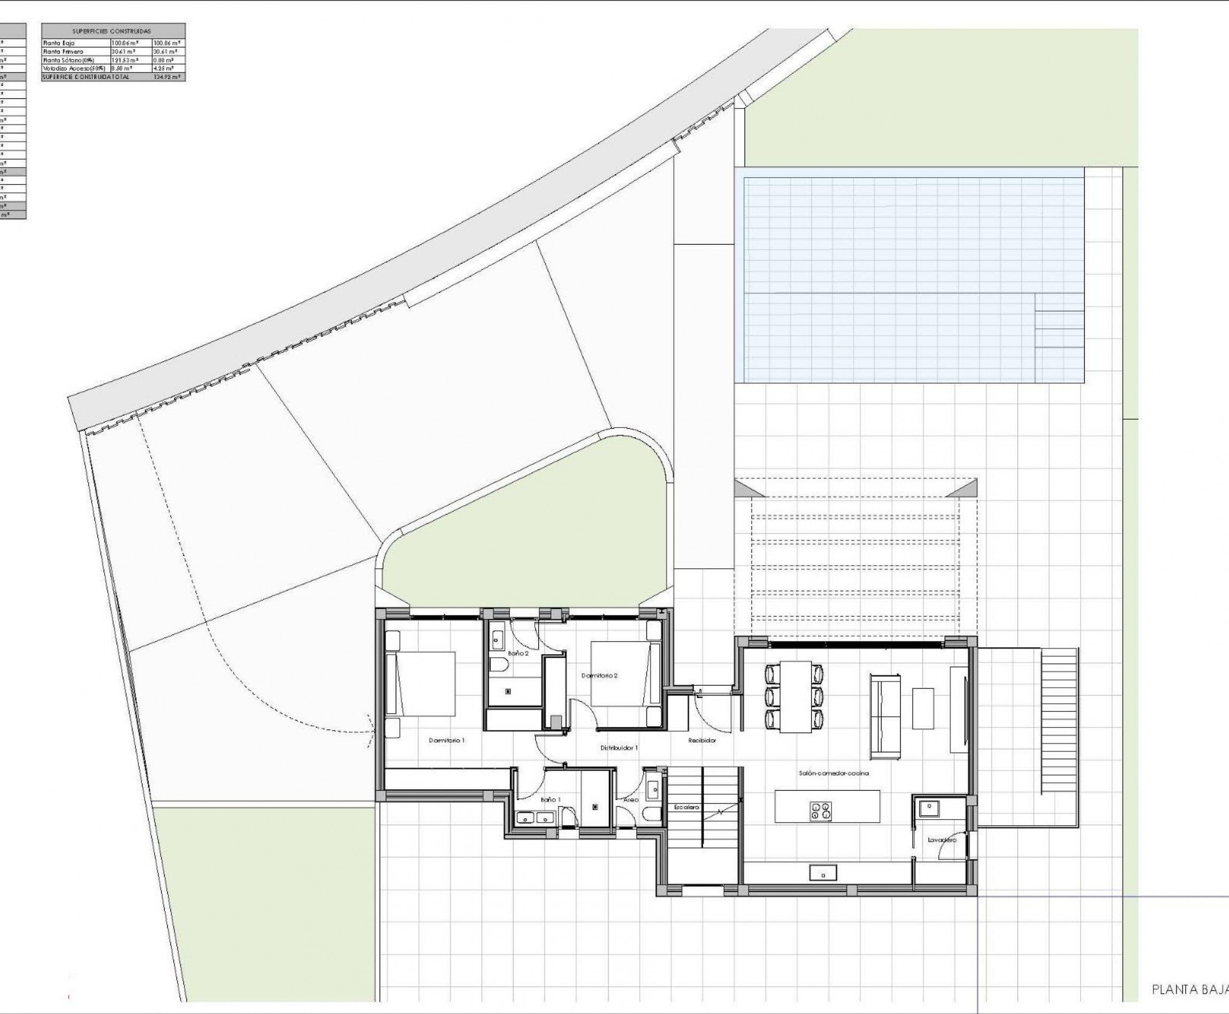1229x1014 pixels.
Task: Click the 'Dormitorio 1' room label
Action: tap(446, 741)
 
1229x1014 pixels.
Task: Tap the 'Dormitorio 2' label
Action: tap(599, 676)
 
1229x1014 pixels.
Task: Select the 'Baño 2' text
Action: tap(518, 654)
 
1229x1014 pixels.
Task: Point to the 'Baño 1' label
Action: tap(550, 799)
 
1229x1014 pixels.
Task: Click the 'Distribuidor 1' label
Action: tap(619, 748)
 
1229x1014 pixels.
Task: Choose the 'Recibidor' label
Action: tap(702, 740)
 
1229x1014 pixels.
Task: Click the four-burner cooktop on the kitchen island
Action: tap(820, 810)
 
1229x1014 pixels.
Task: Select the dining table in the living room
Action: tap(794, 697)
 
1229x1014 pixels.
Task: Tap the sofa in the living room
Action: tap(885, 716)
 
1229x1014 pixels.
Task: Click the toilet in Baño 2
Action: tap(498, 666)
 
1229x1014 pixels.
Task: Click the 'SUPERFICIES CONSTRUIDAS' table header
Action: tap(111, 31)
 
